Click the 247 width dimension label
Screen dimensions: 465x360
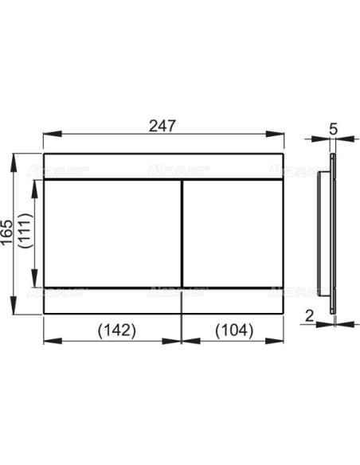(x=162, y=125)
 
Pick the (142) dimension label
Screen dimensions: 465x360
(x=111, y=329)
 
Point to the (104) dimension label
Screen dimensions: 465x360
(x=231, y=329)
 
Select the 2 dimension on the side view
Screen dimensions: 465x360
(x=309, y=317)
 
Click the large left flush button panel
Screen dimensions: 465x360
(x=111, y=232)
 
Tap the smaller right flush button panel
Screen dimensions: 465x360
(x=232, y=232)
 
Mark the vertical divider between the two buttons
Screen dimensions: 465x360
(x=182, y=232)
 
